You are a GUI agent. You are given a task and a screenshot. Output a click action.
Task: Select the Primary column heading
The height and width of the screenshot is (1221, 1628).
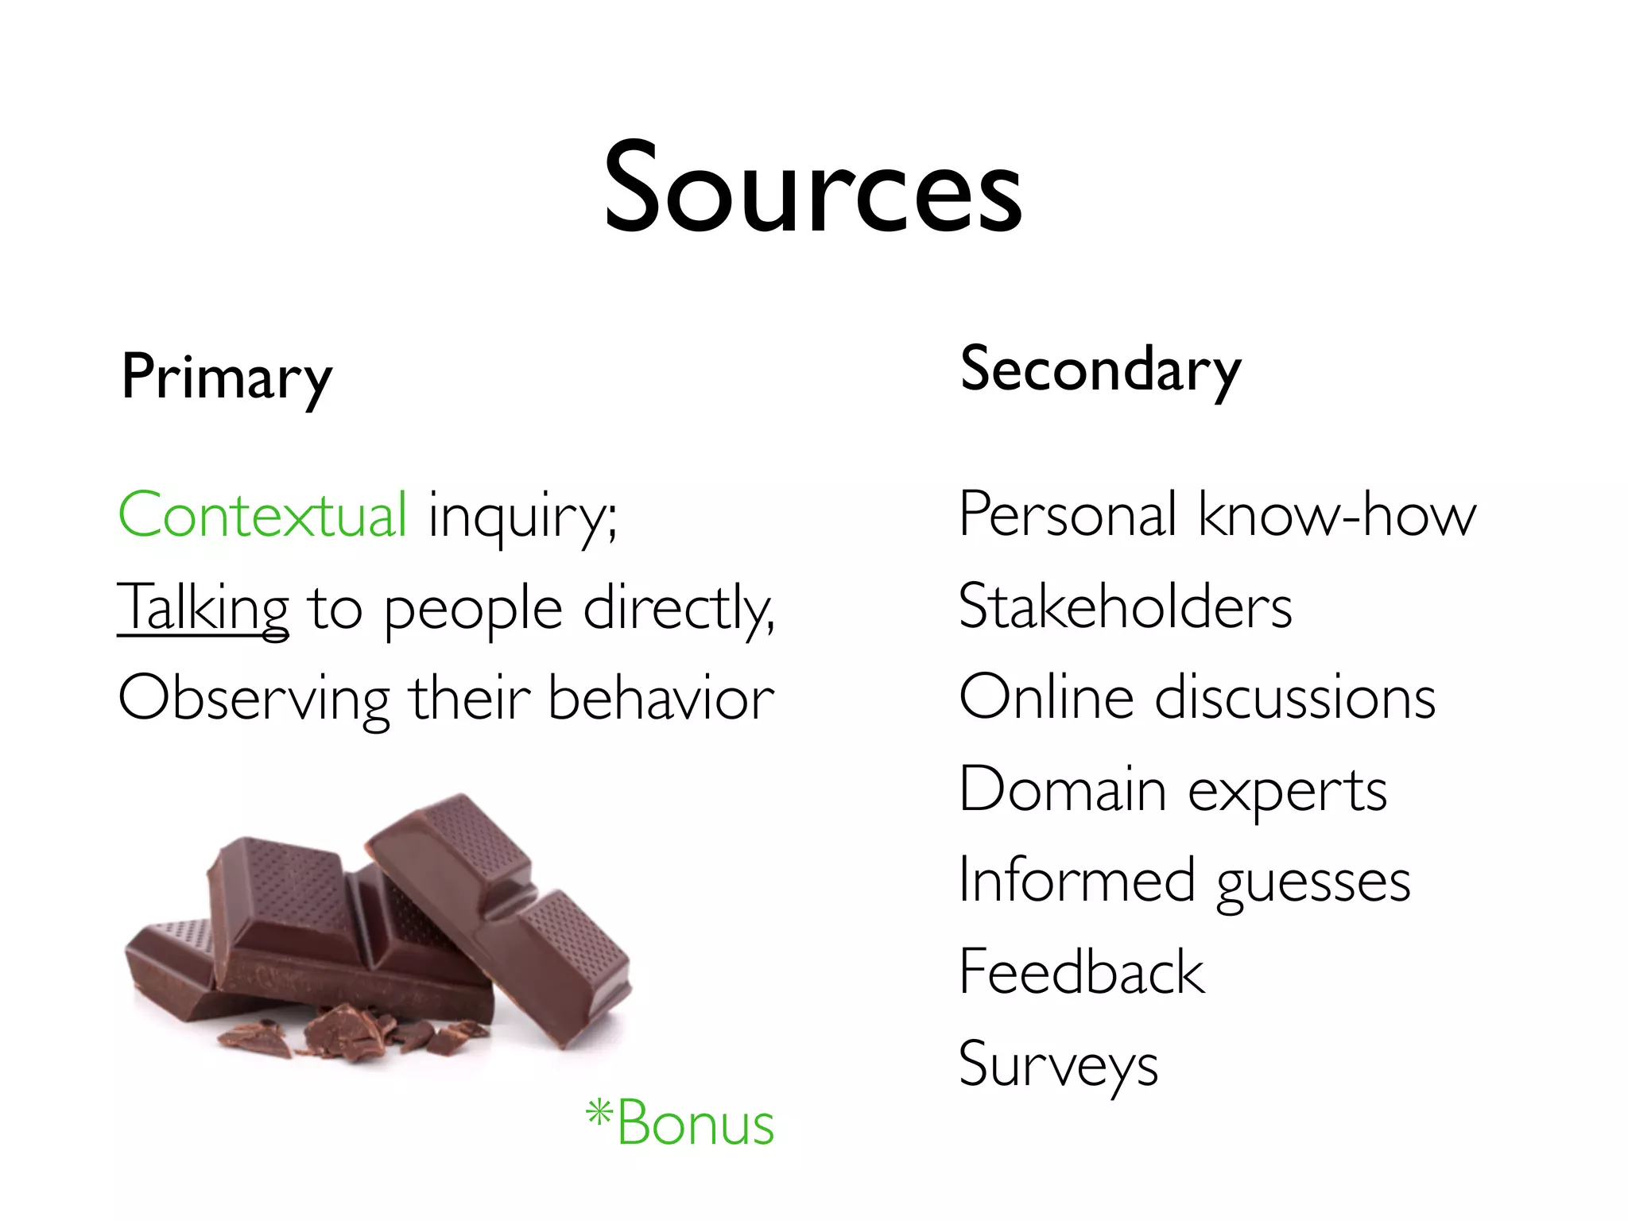pyautogui.click(x=226, y=378)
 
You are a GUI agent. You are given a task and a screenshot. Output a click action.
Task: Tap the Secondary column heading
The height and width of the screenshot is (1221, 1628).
pyautogui.click(x=1100, y=370)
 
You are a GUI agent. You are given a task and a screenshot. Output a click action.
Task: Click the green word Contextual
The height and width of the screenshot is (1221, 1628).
pyautogui.click(x=262, y=514)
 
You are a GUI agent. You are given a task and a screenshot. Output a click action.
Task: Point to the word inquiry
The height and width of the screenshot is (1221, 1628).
pyautogui.click(x=521, y=517)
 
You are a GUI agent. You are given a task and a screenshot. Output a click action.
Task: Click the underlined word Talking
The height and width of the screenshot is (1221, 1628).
pyautogui.click(x=203, y=608)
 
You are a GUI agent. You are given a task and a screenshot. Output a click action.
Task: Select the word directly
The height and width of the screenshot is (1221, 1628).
pyautogui.click(x=678, y=608)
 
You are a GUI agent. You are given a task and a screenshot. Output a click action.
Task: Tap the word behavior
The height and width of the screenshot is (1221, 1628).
pyautogui.click(x=661, y=697)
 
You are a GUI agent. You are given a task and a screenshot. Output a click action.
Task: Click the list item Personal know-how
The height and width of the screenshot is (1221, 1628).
pyautogui.click(x=1217, y=514)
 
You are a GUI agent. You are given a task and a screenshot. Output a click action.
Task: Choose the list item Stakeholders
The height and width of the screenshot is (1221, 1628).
pyautogui.click(x=1125, y=607)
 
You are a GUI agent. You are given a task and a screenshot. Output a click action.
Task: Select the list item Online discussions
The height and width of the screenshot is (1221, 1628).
pyautogui.click(x=1196, y=697)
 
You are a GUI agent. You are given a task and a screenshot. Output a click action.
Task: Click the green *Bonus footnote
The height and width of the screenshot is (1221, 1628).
pyautogui.click(x=680, y=1122)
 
